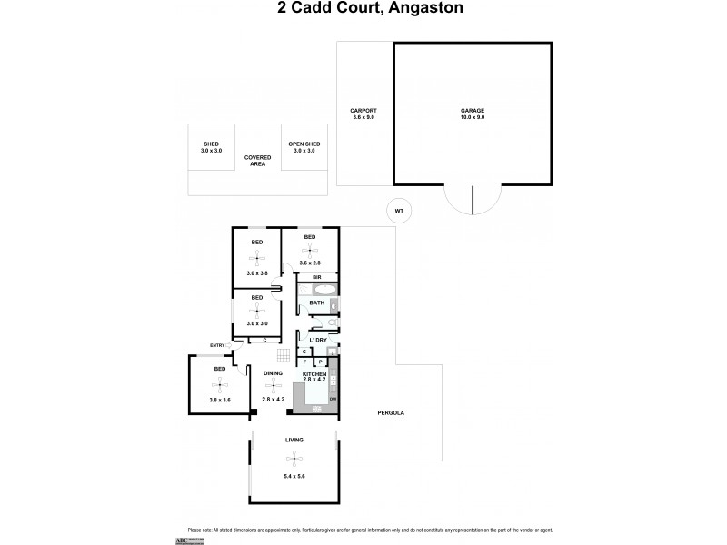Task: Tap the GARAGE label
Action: tap(473, 112)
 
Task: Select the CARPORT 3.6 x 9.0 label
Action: tap(363, 115)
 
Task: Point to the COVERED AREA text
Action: tap(257, 162)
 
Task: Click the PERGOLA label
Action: tap(392, 413)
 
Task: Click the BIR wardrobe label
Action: tap(317, 276)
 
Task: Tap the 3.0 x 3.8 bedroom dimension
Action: tap(256, 272)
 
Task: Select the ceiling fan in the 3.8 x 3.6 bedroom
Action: tap(219, 384)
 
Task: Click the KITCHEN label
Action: tap(314, 373)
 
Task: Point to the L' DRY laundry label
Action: tap(317, 340)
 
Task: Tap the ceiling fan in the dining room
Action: tap(273, 385)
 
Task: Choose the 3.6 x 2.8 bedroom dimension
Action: tap(309, 264)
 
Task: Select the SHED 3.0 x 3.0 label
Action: tap(211, 146)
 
